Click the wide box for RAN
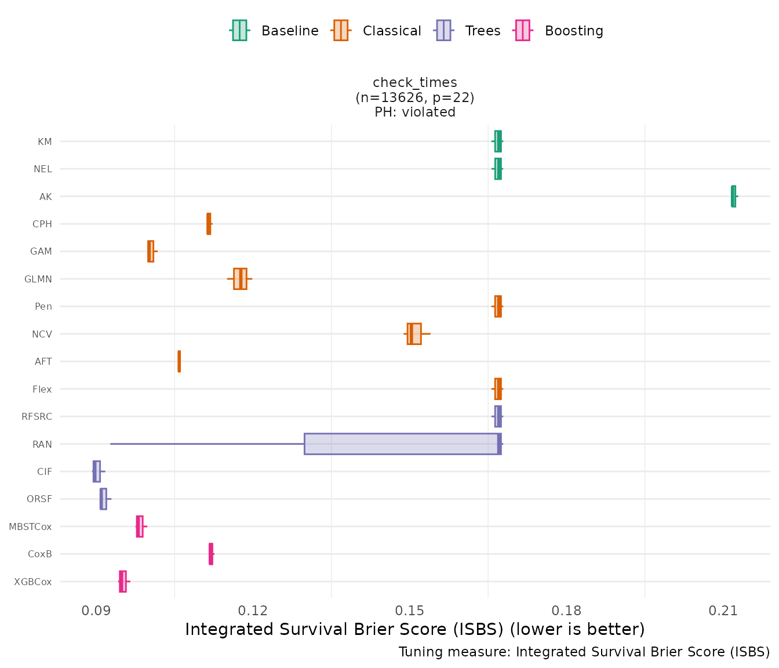pyautogui.click(x=402, y=444)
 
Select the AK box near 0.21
pyautogui.click(x=734, y=196)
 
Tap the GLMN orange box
pyautogui.click(x=240, y=279)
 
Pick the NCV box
pyautogui.click(x=414, y=334)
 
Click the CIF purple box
pyautogui.click(x=97, y=471)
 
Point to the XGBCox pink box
pyautogui.click(x=122, y=582)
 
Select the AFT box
pyautogui.click(x=179, y=361)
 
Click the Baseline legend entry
pyautogui.click(x=275, y=31)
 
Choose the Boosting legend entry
pyautogui.click(x=559, y=31)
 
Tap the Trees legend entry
pyautogui.click(x=468, y=31)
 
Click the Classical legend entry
pyautogui.click(x=377, y=31)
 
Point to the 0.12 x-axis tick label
pyautogui.click(x=253, y=611)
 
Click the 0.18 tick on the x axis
pyautogui.click(x=566, y=611)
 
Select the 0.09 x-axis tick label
pyautogui.click(x=96, y=611)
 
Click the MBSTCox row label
pyautogui.click(x=30, y=527)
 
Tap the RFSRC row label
pyautogui.click(x=37, y=416)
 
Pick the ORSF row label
pyautogui.click(x=39, y=499)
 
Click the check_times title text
pyautogui.click(x=415, y=82)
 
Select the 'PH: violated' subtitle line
pyautogui.click(x=415, y=112)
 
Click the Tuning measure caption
pyautogui.click(x=584, y=652)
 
